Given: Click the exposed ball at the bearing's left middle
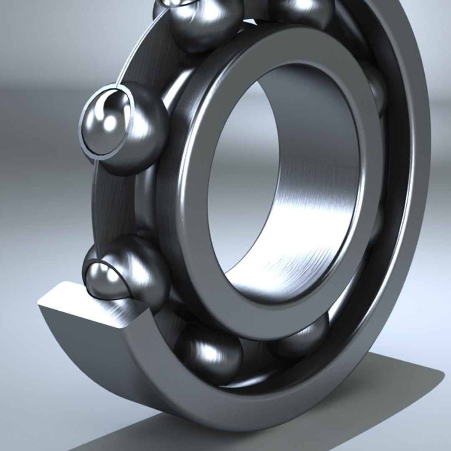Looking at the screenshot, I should [x=125, y=127].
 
